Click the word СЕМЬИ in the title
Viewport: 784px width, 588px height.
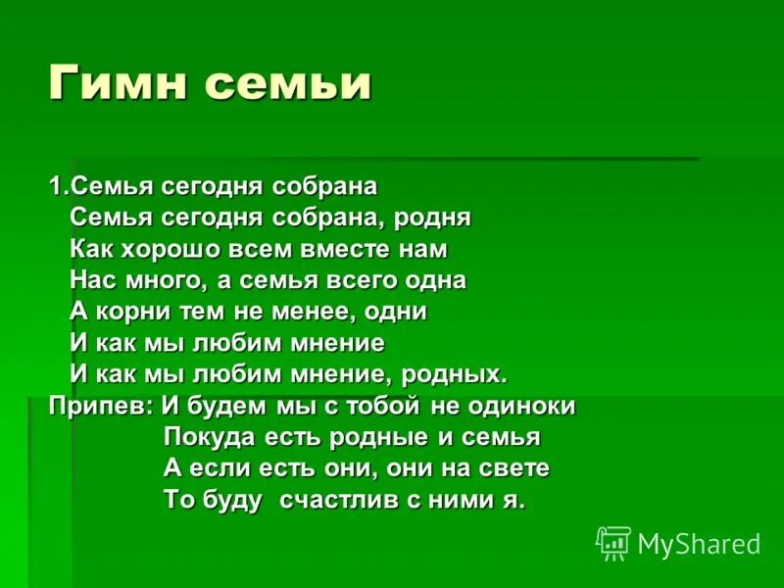click(288, 84)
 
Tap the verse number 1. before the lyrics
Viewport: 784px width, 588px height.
click(59, 185)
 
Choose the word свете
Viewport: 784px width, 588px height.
click(512, 468)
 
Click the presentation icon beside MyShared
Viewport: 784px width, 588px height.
click(613, 543)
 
